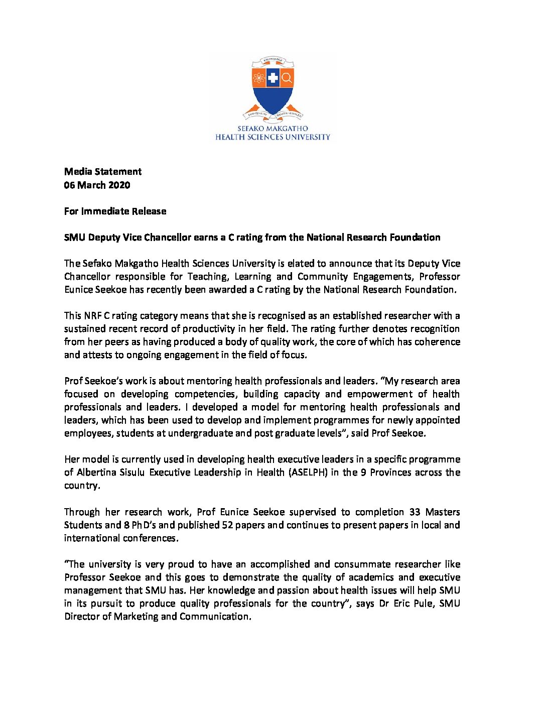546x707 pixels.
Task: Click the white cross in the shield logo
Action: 272,78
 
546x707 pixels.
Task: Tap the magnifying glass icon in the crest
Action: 287,78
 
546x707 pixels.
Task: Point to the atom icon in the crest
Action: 259,78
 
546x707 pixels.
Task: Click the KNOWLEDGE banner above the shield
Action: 272,61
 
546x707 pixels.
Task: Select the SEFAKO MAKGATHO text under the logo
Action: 272,129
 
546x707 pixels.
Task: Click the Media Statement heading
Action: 103,172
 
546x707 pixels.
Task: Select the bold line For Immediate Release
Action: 115,211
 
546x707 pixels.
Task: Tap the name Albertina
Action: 96,472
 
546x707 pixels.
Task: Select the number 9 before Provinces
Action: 363,472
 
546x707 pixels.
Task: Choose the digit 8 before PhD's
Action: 126,525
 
